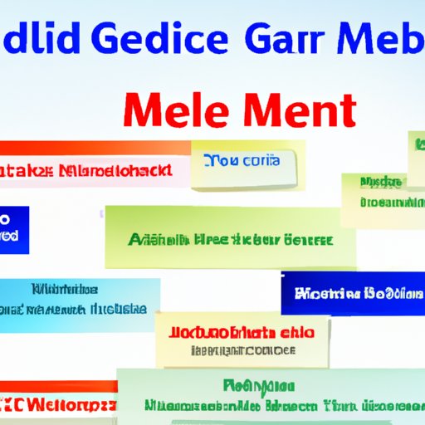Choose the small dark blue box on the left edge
14,230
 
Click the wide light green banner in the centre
232,240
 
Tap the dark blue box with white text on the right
352,293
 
